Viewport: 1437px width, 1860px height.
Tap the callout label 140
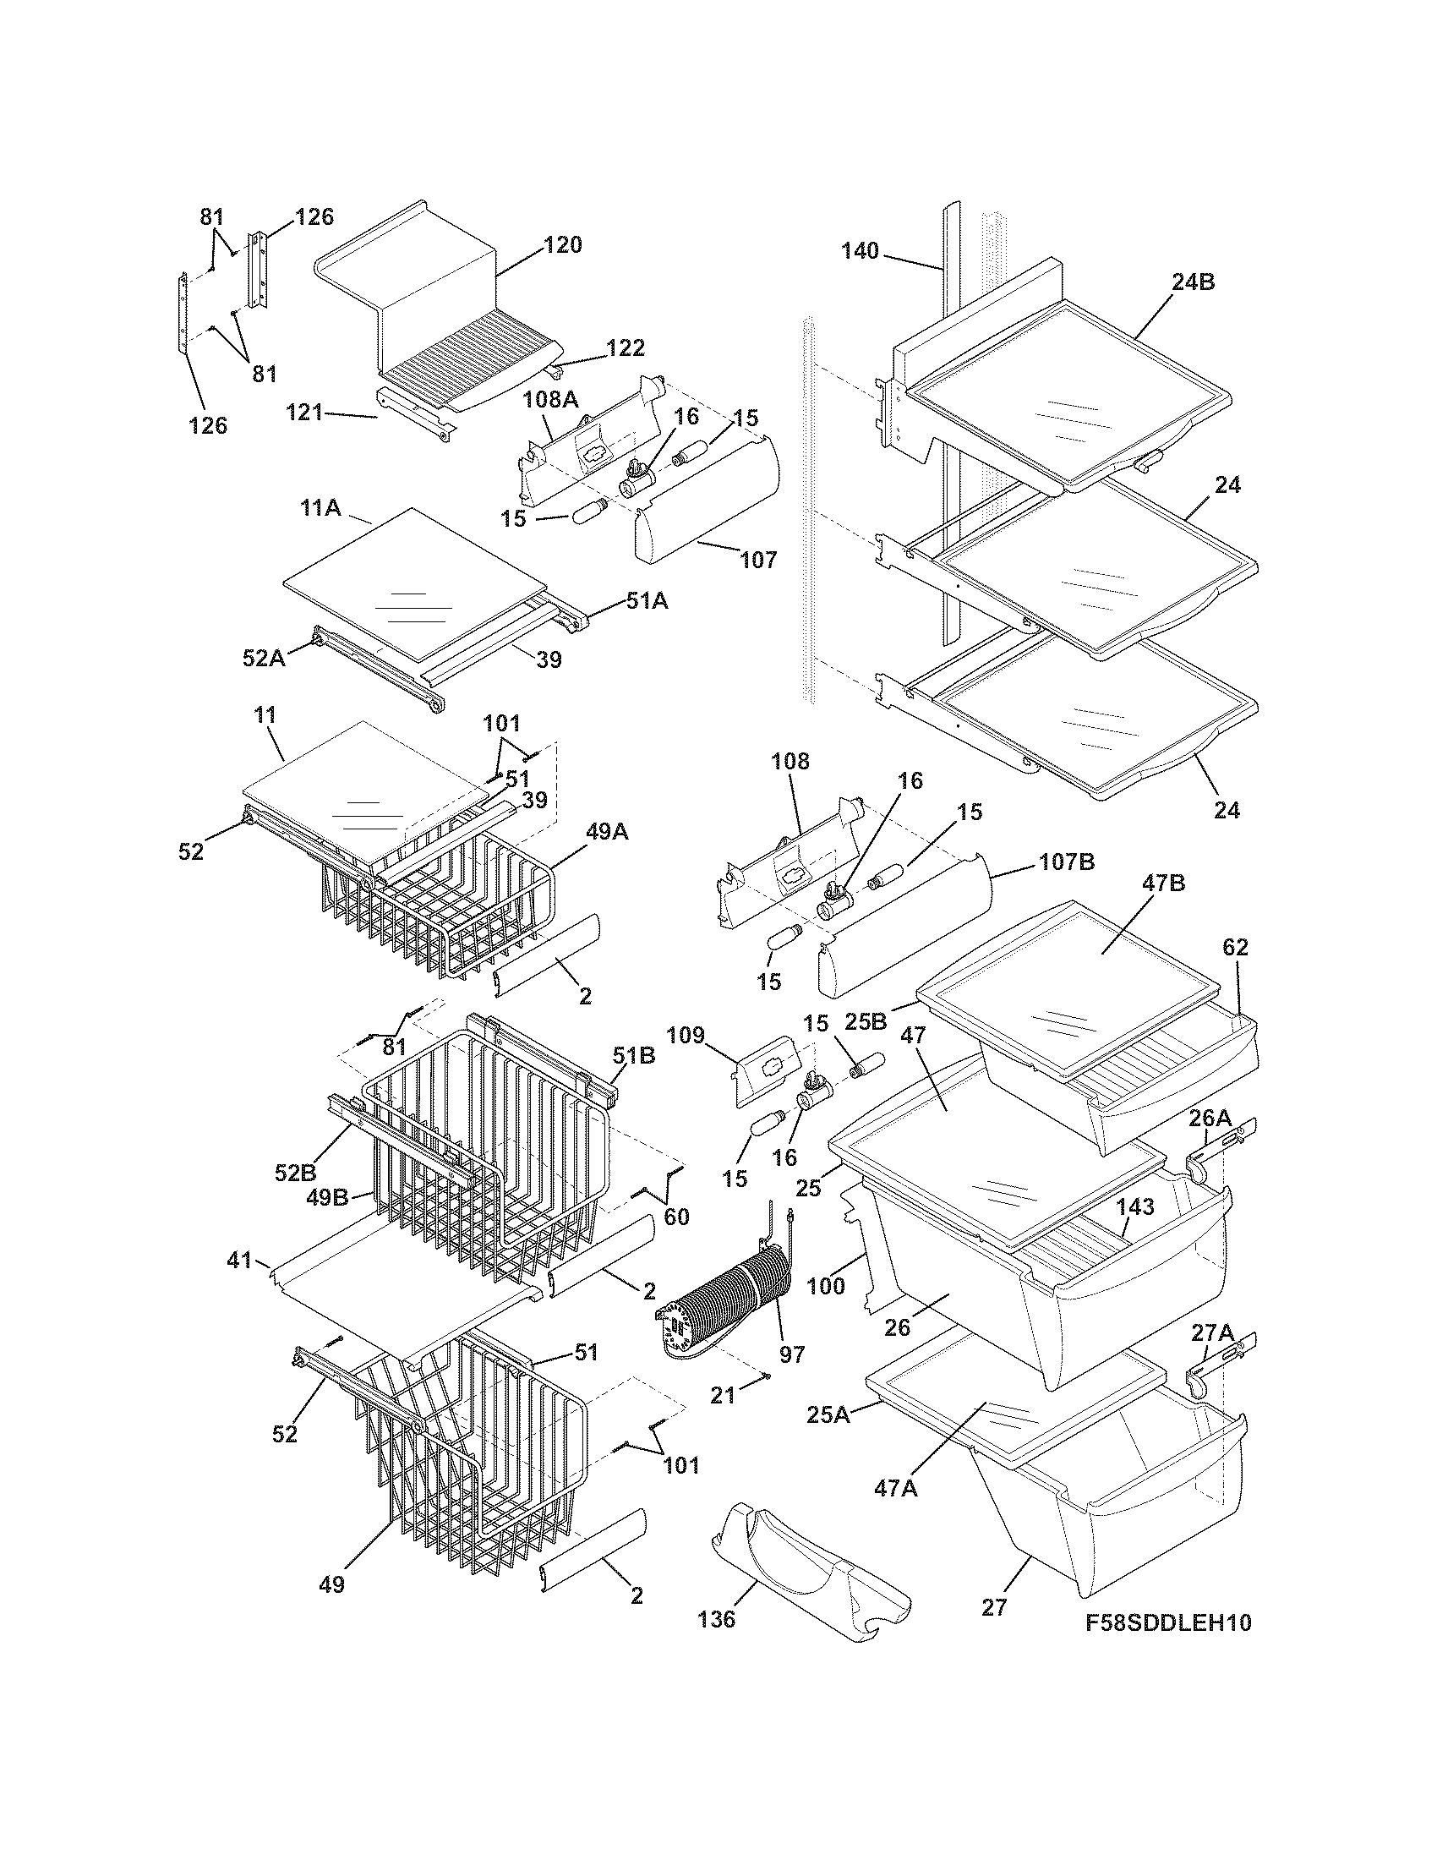(x=860, y=251)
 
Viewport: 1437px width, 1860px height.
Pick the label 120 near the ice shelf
(x=563, y=244)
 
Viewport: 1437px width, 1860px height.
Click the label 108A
(x=545, y=398)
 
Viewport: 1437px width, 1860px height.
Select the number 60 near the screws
(x=676, y=1217)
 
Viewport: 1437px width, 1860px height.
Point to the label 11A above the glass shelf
(x=320, y=509)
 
